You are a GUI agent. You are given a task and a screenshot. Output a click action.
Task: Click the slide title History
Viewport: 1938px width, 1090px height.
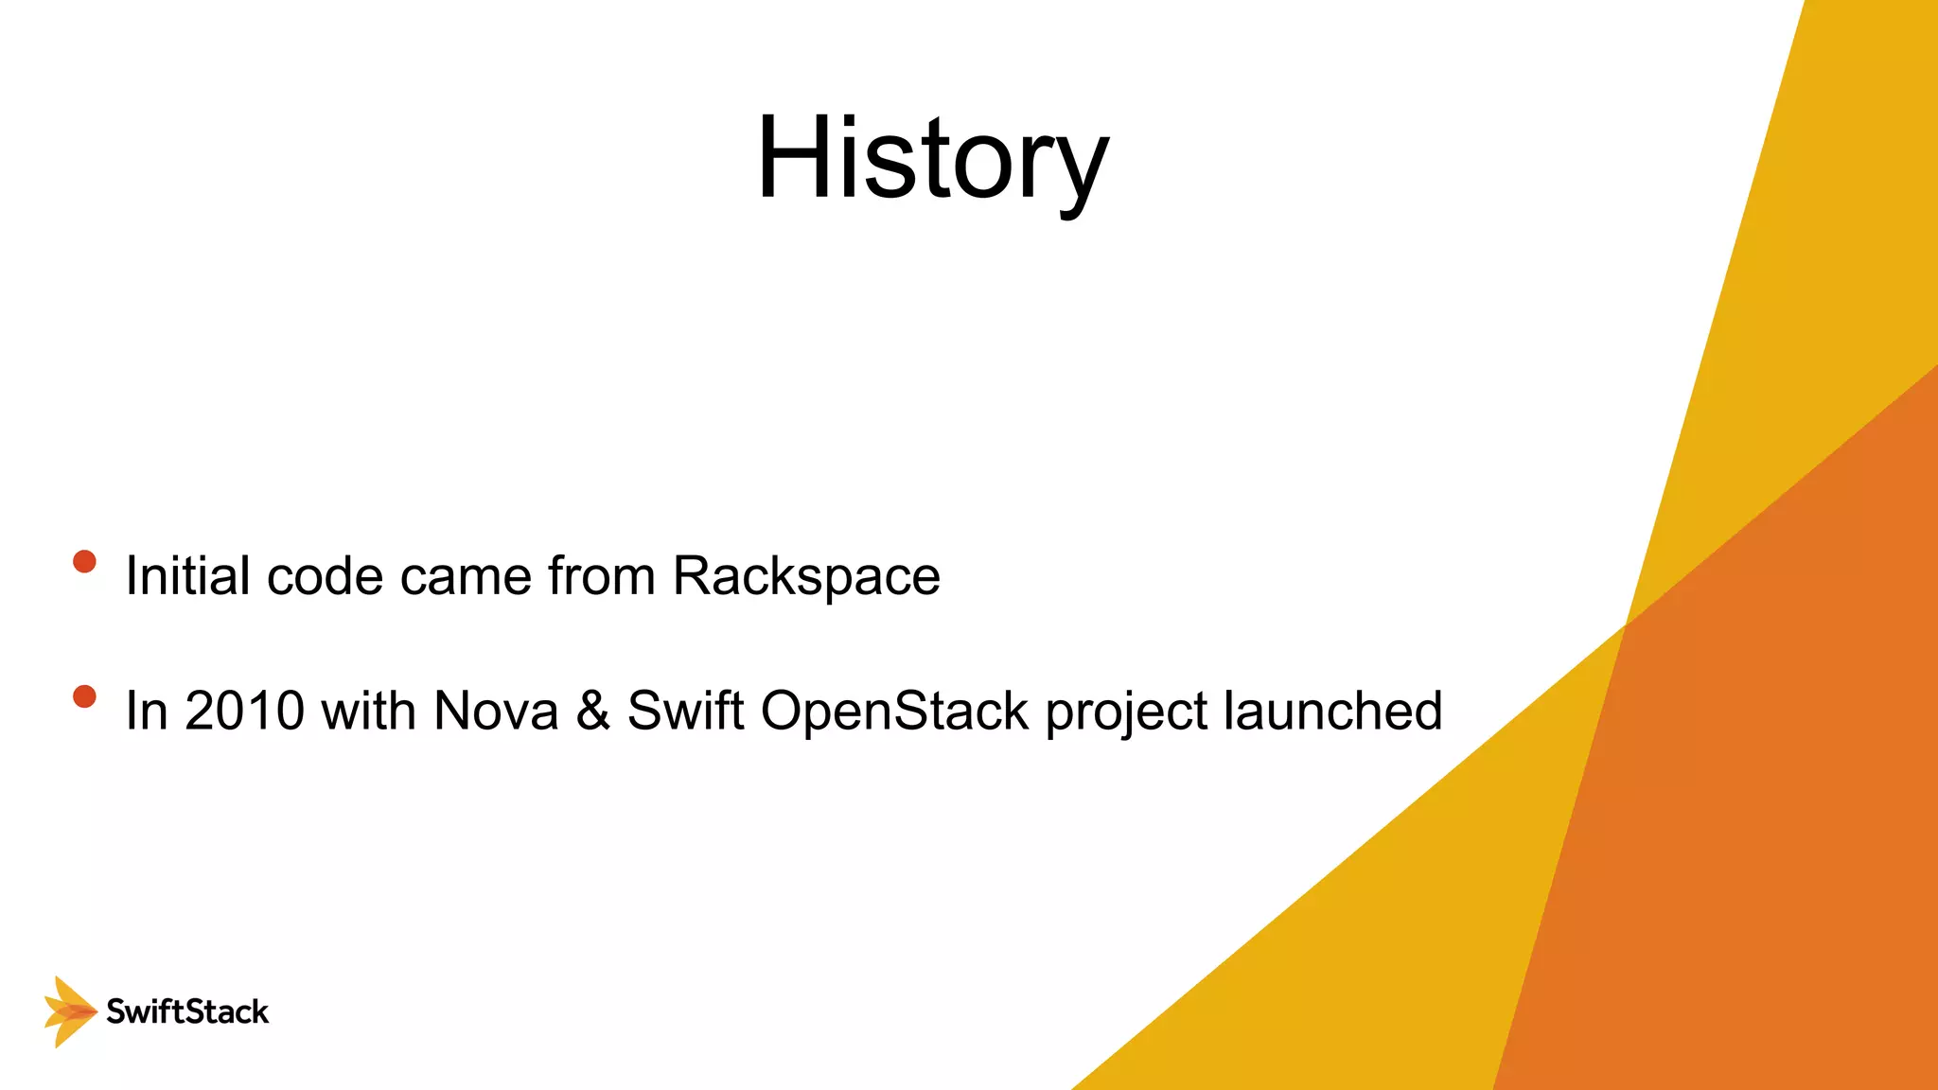point(932,159)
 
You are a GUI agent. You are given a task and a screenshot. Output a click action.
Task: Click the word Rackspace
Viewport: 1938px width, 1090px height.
point(806,575)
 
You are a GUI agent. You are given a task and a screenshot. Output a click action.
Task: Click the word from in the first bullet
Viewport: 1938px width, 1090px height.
point(602,575)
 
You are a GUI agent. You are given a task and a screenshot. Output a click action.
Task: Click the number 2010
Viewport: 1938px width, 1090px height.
point(244,711)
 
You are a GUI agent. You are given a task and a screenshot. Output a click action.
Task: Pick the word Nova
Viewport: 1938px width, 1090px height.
point(496,711)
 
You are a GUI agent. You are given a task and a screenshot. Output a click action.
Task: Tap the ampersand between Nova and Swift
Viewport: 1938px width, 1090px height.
point(593,711)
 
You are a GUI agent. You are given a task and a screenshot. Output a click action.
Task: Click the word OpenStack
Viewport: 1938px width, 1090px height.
point(894,711)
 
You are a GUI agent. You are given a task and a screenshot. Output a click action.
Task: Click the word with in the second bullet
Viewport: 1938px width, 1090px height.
point(368,711)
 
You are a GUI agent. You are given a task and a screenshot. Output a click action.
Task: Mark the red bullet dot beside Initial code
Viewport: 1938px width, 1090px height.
point(84,562)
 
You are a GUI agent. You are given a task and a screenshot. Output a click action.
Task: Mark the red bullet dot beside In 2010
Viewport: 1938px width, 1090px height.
point(84,697)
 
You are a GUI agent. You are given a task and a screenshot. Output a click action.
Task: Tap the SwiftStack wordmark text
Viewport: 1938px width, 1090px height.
point(187,1011)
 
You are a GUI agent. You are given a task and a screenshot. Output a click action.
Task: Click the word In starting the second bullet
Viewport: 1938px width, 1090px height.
point(146,711)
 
